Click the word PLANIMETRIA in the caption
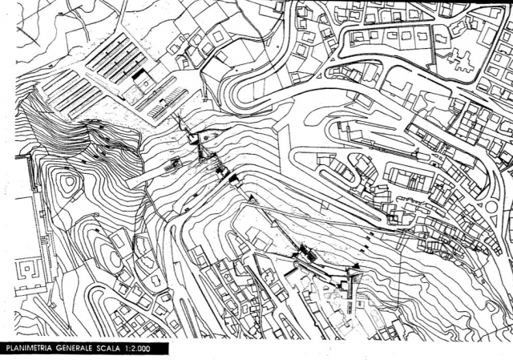pyautogui.click(x=29, y=348)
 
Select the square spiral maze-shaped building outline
pyautogui.click(x=27, y=270)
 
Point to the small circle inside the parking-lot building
pyautogui.click(x=145, y=83)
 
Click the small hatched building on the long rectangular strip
pyautogui.click(x=172, y=164)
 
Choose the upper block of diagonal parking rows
pyautogui.click(x=116, y=59)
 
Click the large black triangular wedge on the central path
pyautogui.click(x=234, y=178)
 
